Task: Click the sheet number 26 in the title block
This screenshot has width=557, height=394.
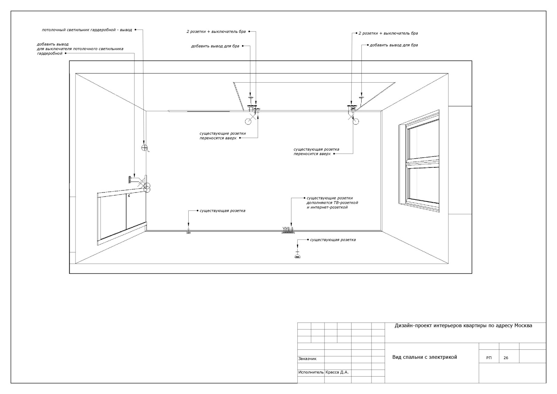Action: point(506,358)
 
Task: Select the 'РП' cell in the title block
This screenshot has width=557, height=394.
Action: point(489,358)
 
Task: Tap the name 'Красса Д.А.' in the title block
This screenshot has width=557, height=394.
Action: point(337,372)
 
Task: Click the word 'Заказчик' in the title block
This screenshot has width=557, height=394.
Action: point(307,359)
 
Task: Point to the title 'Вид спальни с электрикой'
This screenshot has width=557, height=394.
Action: point(425,357)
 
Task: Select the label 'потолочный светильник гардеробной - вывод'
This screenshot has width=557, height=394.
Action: point(87,30)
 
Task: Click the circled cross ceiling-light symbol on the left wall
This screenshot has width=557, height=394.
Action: point(144,148)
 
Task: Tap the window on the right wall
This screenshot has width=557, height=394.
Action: point(419,160)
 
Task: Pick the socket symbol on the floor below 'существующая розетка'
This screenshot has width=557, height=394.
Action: point(297,255)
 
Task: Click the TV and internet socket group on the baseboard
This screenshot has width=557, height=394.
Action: point(288,230)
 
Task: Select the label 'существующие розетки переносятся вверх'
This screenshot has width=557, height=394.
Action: point(222,136)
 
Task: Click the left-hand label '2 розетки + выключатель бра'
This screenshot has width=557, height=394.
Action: point(216,32)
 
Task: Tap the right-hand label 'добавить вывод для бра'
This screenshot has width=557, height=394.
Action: point(394,45)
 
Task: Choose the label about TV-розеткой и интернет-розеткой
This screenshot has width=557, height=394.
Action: point(332,203)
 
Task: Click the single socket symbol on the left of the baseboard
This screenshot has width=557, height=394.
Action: point(188,232)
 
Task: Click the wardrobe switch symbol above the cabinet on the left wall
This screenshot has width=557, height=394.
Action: point(130,180)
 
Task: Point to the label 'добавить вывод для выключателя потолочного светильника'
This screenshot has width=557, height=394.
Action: point(80,49)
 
